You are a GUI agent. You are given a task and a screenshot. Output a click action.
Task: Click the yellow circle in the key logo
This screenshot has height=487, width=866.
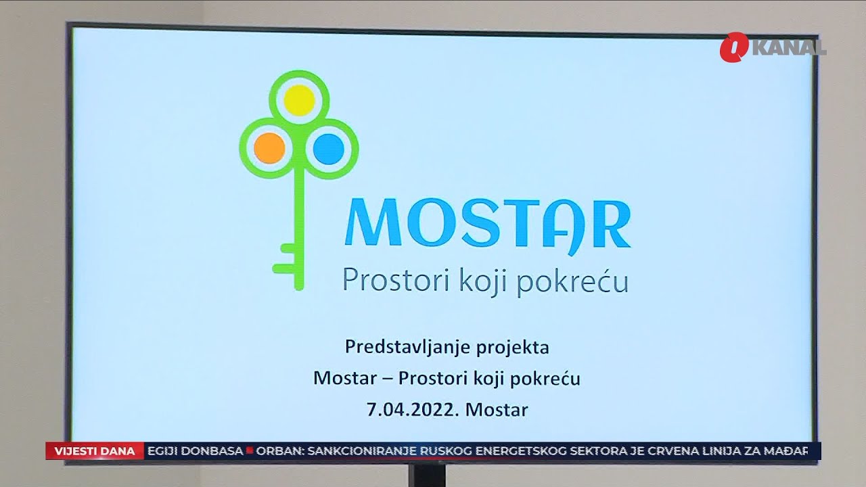[x=299, y=101]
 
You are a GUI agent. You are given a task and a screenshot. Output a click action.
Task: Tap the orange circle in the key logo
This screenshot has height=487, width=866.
[x=269, y=147]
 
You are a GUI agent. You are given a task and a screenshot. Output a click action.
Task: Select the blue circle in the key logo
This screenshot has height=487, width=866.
[x=329, y=148]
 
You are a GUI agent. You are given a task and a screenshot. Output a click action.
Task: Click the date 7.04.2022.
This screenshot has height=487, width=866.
[x=413, y=409]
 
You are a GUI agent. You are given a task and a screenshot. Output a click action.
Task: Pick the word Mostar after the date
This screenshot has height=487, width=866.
[x=497, y=409]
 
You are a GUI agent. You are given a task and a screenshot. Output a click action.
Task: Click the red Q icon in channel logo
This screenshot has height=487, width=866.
[x=733, y=48]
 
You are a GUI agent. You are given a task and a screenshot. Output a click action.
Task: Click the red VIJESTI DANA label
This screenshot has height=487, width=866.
[x=95, y=451]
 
